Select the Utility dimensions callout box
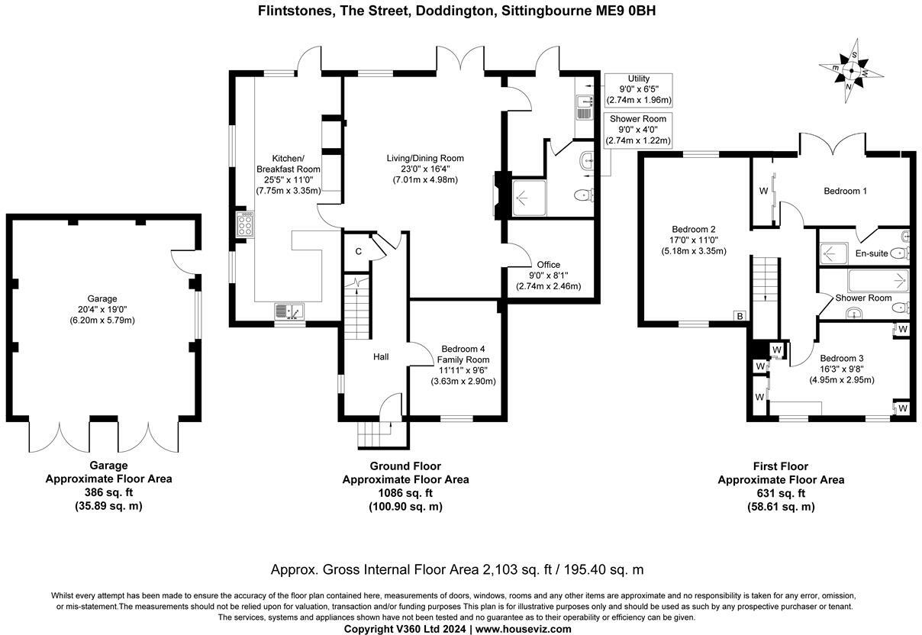coord(638,89)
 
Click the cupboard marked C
coord(357,252)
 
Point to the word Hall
coord(381,356)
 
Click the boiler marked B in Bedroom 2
coord(739,315)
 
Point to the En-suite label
coord(871,253)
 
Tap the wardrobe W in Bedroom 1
coord(763,191)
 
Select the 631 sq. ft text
coord(781,493)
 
